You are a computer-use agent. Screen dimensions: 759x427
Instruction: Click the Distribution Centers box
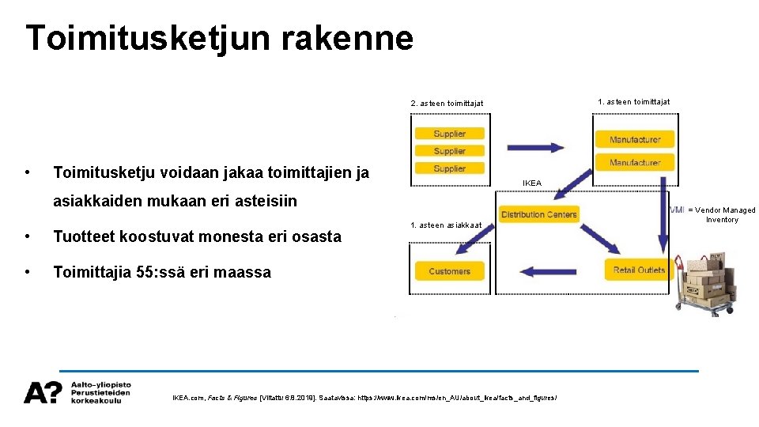pos(538,214)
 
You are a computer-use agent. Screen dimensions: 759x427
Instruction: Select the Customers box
pos(449,271)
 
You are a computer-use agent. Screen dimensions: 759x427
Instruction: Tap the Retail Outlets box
pos(639,270)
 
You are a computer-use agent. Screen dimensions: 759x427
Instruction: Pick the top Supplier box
pos(449,134)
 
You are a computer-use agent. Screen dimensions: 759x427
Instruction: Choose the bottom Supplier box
pos(449,168)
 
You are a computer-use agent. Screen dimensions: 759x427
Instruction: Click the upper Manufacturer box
pos(634,139)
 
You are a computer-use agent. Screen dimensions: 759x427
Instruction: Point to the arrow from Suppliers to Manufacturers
pos(535,147)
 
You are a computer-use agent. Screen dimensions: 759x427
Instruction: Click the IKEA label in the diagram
pos(532,183)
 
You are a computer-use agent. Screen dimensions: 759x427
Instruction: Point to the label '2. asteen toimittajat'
pos(447,104)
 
